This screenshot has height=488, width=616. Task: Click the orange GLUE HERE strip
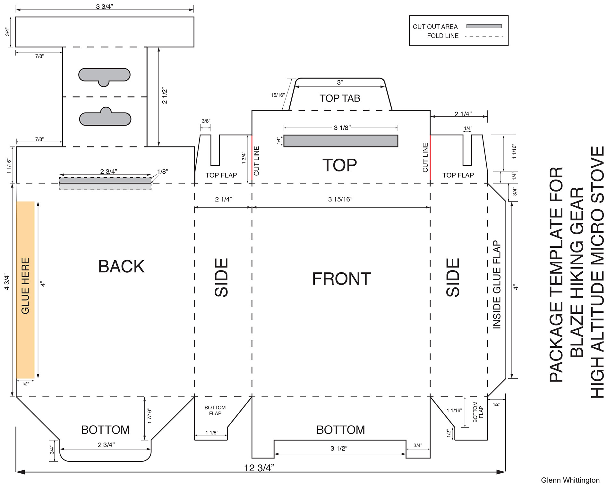25,290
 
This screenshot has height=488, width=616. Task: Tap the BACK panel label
121,267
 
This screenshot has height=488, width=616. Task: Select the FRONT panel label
341,279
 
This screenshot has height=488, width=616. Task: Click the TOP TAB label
340,98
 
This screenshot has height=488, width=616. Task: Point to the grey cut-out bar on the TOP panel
341,141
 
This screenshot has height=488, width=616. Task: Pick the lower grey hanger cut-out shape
105,117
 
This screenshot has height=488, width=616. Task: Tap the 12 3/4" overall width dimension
259,468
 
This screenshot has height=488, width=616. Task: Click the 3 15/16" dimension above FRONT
340,199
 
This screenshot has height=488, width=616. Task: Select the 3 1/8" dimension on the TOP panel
342,128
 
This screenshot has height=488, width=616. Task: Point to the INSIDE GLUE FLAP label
497,285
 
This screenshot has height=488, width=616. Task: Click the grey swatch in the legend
484,26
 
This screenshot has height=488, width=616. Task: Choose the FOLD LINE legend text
443,36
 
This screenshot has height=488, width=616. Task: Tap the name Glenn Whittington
570,480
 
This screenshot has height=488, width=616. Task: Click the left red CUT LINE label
256,161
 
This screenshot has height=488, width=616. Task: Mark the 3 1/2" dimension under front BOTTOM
339,449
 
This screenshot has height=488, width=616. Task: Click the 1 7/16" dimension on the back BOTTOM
150,417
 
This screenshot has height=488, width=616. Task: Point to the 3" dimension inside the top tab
340,82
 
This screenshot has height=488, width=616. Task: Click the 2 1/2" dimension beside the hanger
165,95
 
